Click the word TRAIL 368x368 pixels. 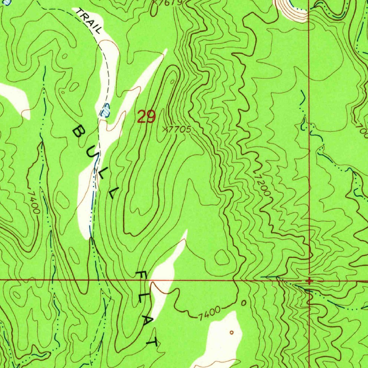tap(88, 21)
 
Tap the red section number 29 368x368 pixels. tap(146, 117)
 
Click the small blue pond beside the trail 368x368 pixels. tap(106, 110)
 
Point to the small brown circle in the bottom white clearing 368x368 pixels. tap(231, 332)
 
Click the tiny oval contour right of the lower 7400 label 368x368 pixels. tap(244, 303)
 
